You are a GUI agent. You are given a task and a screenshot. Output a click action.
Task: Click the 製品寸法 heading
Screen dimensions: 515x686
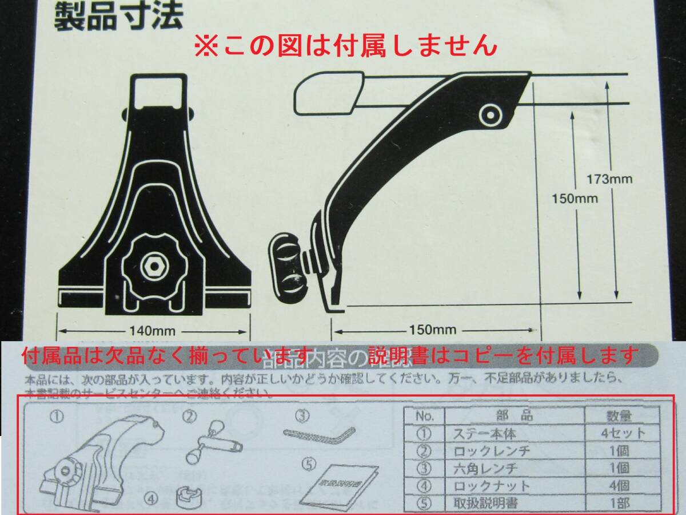tap(118, 17)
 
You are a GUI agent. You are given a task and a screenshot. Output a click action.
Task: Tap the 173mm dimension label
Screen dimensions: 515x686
tap(610, 179)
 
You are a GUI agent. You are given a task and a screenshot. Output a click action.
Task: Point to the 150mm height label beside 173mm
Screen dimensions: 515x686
tap(575, 199)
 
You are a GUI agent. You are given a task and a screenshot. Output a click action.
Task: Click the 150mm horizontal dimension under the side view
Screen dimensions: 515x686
tap(433, 330)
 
